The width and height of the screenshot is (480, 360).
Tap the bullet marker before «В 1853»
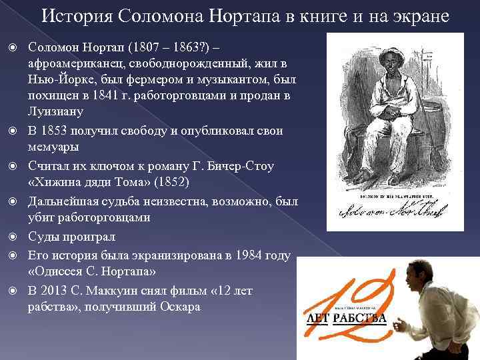(x=16, y=131)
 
